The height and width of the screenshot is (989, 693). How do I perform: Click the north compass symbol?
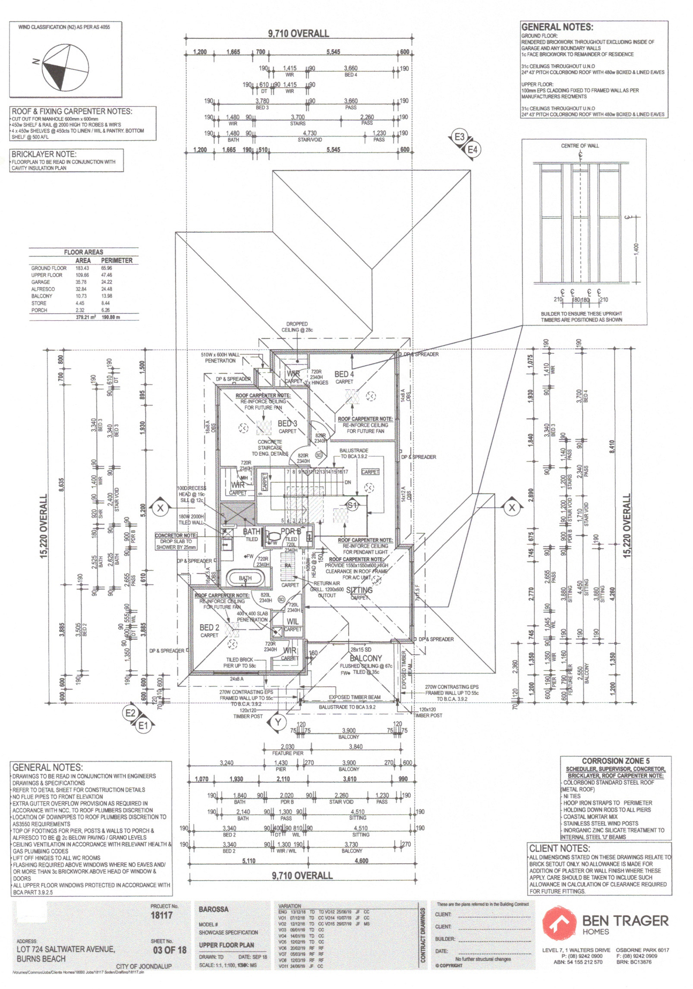[66, 68]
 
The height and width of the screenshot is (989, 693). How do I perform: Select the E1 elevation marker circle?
[143, 726]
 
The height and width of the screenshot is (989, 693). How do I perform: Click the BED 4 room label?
[344, 374]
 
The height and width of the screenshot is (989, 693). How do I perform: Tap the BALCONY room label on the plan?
[365, 658]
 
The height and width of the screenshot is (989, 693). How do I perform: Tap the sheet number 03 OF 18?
[170, 950]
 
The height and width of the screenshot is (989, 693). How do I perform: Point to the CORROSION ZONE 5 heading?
[615, 761]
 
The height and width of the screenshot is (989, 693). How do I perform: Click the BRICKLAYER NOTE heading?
[44, 154]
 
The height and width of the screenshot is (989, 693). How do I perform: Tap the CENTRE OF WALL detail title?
[580, 146]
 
